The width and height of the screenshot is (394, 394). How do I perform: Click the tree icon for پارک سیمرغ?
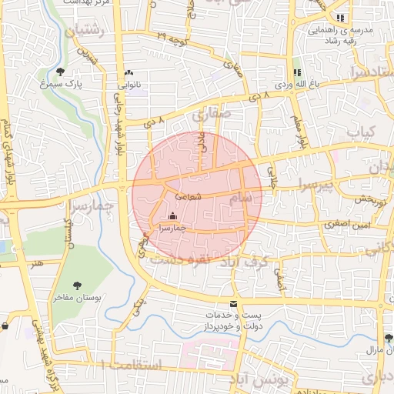(x=60, y=72)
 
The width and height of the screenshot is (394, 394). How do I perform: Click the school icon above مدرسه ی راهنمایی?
(x=341, y=18)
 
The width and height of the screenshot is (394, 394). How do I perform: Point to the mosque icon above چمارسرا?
(x=172, y=216)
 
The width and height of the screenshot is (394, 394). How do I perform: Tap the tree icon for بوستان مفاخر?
(x=77, y=283)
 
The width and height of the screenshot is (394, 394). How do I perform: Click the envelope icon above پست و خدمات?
(x=234, y=303)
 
